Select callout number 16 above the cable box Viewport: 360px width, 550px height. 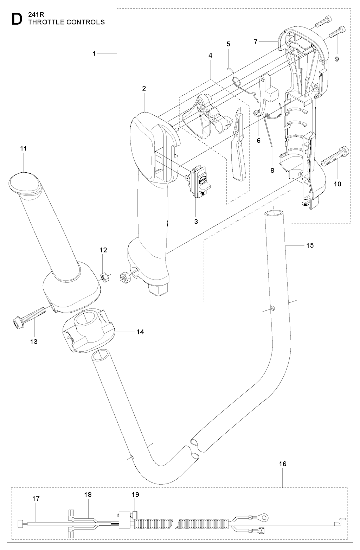tap(283, 464)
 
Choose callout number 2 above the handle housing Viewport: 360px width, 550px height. tap(144, 88)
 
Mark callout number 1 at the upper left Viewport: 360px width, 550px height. tap(94, 53)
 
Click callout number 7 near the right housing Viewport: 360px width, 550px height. tap(256, 42)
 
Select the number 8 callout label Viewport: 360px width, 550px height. tap(272, 170)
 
